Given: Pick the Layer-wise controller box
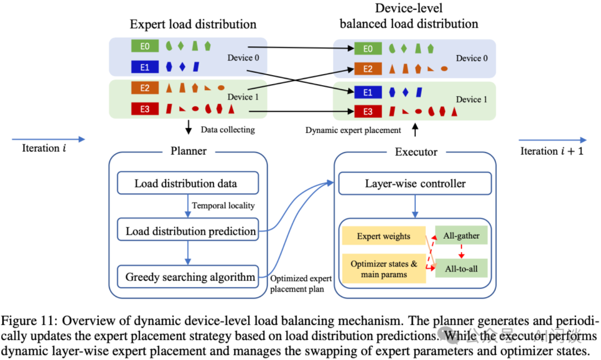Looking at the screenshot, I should [x=415, y=184].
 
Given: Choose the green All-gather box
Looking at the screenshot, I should [x=461, y=235].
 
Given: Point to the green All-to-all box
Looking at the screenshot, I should [x=461, y=269].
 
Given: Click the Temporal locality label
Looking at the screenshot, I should [x=223, y=206].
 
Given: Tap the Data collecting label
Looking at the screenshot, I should [x=227, y=130].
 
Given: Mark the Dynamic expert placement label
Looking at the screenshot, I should [x=353, y=130].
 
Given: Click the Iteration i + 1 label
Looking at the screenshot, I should [x=551, y=151].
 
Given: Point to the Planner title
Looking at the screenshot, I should [x=187, y=151].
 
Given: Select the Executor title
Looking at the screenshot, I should [x=416, y=151].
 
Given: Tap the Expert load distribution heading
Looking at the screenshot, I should [x=193, y=24].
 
